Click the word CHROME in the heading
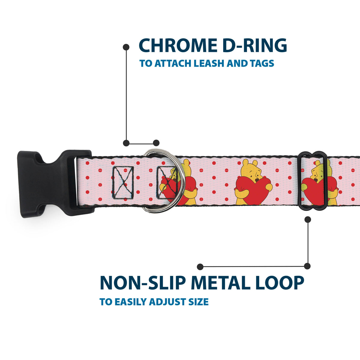(x=178, y=45)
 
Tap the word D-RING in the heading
(x=255, y=45)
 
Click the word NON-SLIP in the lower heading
(x=143, y=283)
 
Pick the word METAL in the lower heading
(x=220, y=283)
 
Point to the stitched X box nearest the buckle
(x=123, y=183)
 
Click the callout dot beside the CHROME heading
(x=126, y=47)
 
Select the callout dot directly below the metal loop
(x=308, y=220)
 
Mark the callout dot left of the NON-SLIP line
(x=200, y=267)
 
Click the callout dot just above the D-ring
(x=156, y=143)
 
